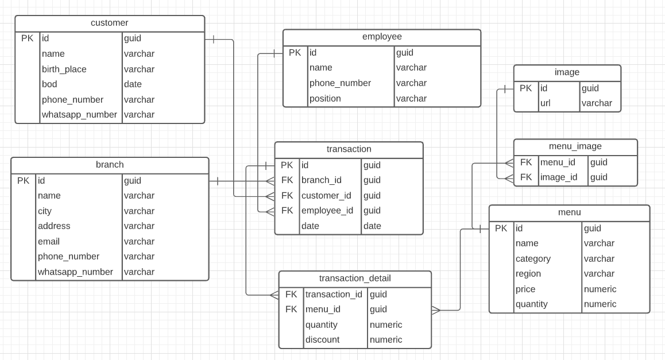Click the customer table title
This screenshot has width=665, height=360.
click(x=109, y=23)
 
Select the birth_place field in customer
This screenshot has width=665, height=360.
click(x=64, y=69)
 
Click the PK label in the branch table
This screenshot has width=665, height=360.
click(x=23, y=180)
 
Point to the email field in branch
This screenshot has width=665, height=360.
click(x=49, y=241)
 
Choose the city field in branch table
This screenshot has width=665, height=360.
click(x=45, y=211)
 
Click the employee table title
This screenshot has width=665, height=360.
click(x=382, y=37)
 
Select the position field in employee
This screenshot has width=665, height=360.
click(x=325, y=98)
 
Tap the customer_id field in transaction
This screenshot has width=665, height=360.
click(x=326, y=195)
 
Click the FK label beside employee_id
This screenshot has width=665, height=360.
click(x=287, y=211)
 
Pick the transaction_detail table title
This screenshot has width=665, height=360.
click(x=355, y=278)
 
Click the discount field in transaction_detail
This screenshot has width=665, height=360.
click(x=322, y=339)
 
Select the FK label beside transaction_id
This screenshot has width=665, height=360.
click(x=291, y=294)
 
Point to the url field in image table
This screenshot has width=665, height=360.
click(x=545, y=103)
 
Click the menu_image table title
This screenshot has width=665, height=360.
click(x=575, y=146)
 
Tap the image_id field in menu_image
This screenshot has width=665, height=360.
click(x=559, y=177)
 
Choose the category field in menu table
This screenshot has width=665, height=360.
click(x=533, y=258)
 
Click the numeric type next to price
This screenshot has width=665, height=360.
click(x=600, y=289)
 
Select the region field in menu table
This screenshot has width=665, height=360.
click(x=528, y=274)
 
